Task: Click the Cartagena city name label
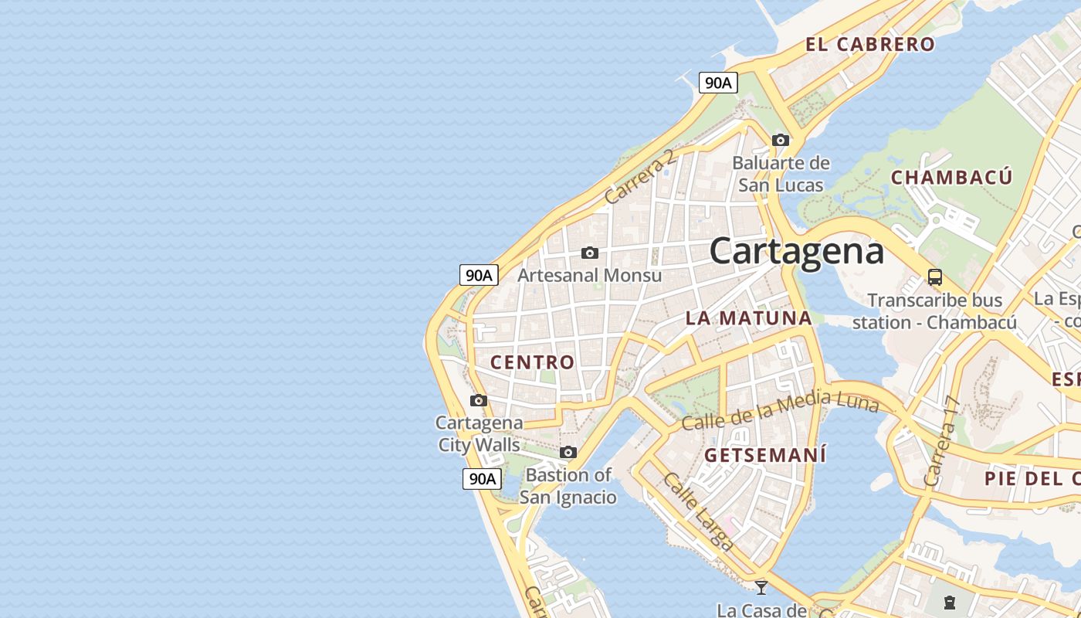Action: pos(796,251)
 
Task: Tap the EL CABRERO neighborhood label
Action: pos(870,44)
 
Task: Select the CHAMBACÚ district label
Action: pos(951,178)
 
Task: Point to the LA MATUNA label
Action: pos(749,317)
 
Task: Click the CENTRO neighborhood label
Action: pos(533,362)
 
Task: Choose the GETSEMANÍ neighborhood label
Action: pos(765,454)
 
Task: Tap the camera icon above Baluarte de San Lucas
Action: pos(781,140)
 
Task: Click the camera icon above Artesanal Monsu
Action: pos(590,253)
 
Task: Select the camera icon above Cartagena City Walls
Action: pos(479,400)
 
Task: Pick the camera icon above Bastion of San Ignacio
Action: pos(568,452)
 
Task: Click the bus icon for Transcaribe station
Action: pos(935,277)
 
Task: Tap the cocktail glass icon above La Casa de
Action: pos(761,588)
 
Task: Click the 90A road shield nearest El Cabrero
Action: pos(718,83)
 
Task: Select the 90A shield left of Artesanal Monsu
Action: pos(479,274)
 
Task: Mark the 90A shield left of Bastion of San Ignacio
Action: pos(482,478)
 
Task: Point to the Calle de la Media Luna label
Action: pos(780,412)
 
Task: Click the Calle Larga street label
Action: pos(698,511)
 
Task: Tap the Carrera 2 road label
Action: pos(639,177)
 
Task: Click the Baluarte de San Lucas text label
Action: pos(781,174)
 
